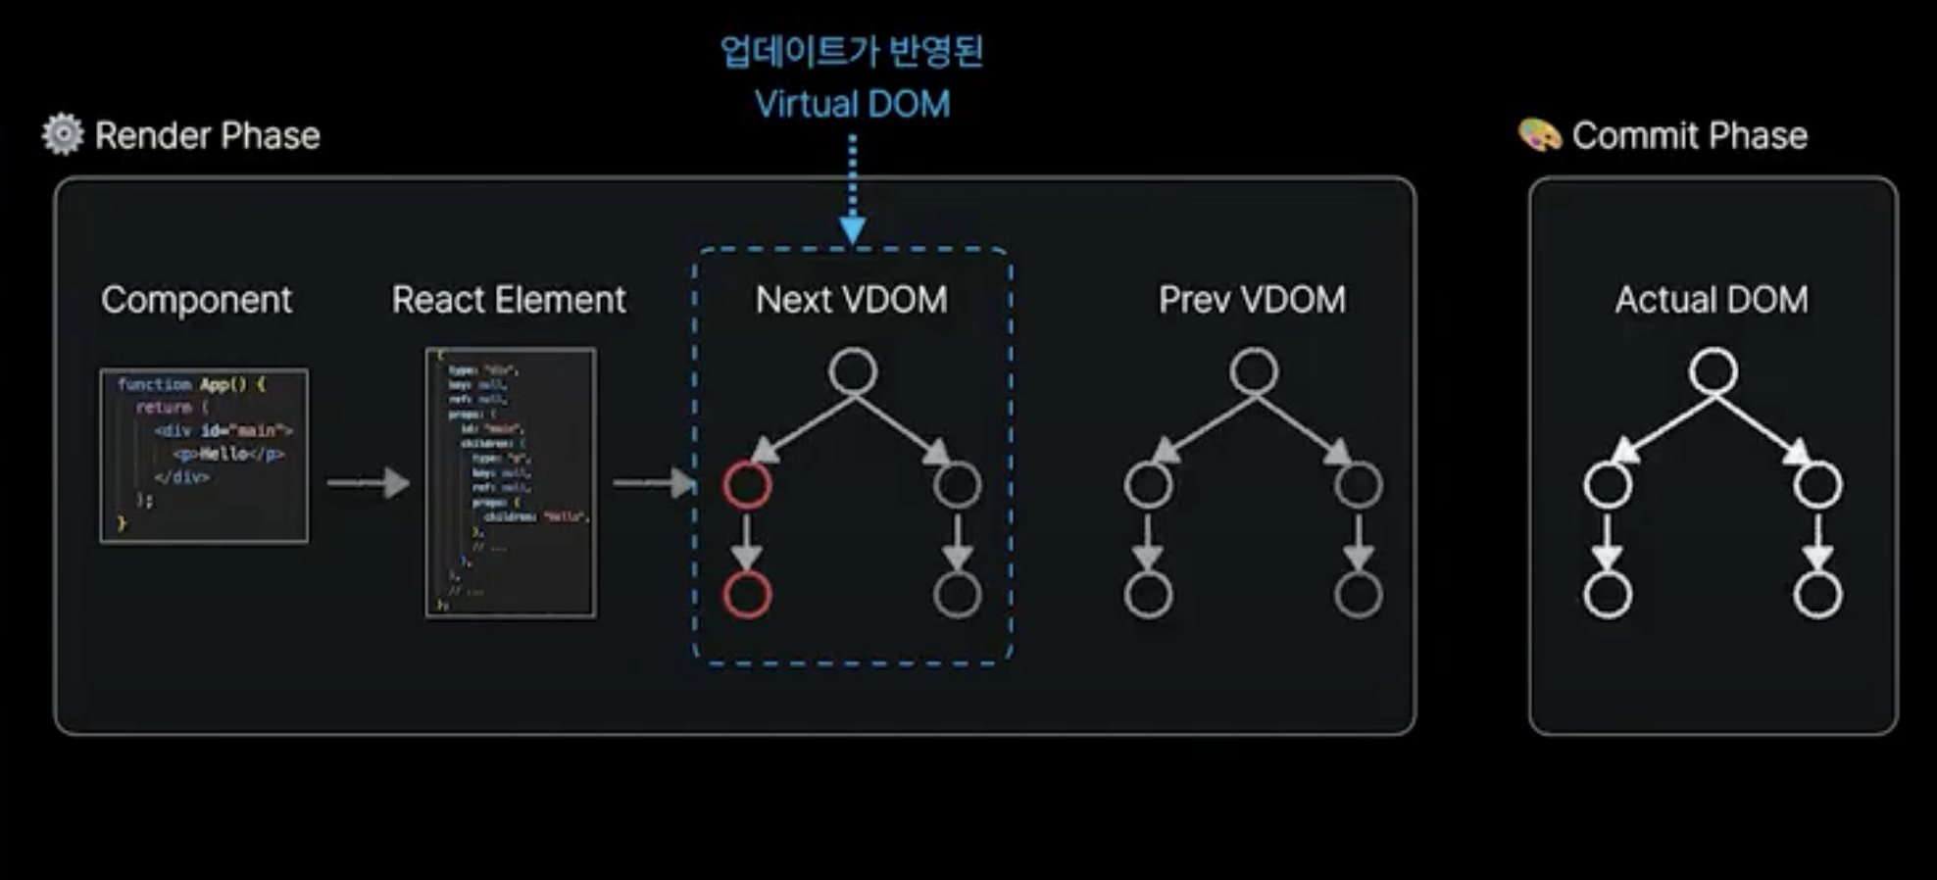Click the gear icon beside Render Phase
(x=63, y=134)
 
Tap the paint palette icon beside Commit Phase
(x=1539, y=134)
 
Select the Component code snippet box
(x=204, y=455)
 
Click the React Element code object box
(x=510, y=482)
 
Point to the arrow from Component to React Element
(x=368, y=482)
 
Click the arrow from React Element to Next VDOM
(x=653, y=482)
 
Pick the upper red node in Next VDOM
(x=747, y=484)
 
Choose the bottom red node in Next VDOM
(x=747, y=594)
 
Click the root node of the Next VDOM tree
(x=853, y=371)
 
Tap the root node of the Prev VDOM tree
(x=1254, y=371)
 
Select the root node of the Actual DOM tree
(x=1713, y=371)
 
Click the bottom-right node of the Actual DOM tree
(x=1817, y=594)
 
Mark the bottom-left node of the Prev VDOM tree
(x=1148, y=594)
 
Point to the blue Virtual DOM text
(x=852, y=104)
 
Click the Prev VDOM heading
(x=1252, y=299)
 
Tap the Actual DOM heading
(x=1712, y=299)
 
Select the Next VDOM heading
(x=851, y=299)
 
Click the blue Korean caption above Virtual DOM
(x=851, y=51)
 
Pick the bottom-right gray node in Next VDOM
(x=957, y=594)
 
